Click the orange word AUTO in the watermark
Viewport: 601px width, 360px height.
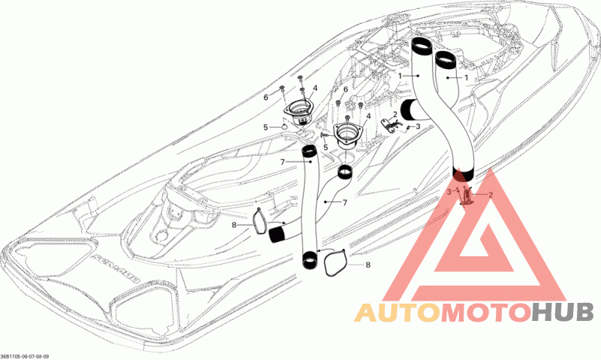(x=397, y=313)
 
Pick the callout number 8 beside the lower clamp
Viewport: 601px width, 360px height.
(x=367, y=265)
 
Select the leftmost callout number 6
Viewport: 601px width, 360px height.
(x=265, y=98)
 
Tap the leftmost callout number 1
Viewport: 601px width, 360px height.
(x=401, y=77)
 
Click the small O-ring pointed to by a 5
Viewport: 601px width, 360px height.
(x=283, y=127)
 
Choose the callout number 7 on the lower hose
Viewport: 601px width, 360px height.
(x=345, y=203)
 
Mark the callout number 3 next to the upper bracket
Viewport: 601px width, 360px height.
(x=418, y=126)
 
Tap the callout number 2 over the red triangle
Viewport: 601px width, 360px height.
(x=491, y=195)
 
